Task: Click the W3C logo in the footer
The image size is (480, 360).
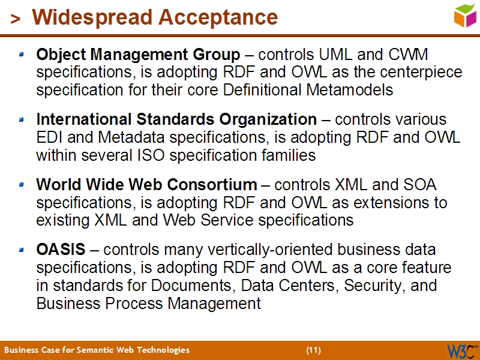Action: [x=461, y=350]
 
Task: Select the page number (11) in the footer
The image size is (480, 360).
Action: [x=313, y=350]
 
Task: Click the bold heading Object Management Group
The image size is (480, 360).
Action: [x=138, y=55]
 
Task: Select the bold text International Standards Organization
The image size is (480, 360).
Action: [x=176, y=119]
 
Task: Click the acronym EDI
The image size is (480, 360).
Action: [x=49, y=137]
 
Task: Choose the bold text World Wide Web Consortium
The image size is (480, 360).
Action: [x=146, y=184]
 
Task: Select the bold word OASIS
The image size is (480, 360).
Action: [x=61, y=249]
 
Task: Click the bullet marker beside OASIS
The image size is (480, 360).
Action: [x=22, y=248]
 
